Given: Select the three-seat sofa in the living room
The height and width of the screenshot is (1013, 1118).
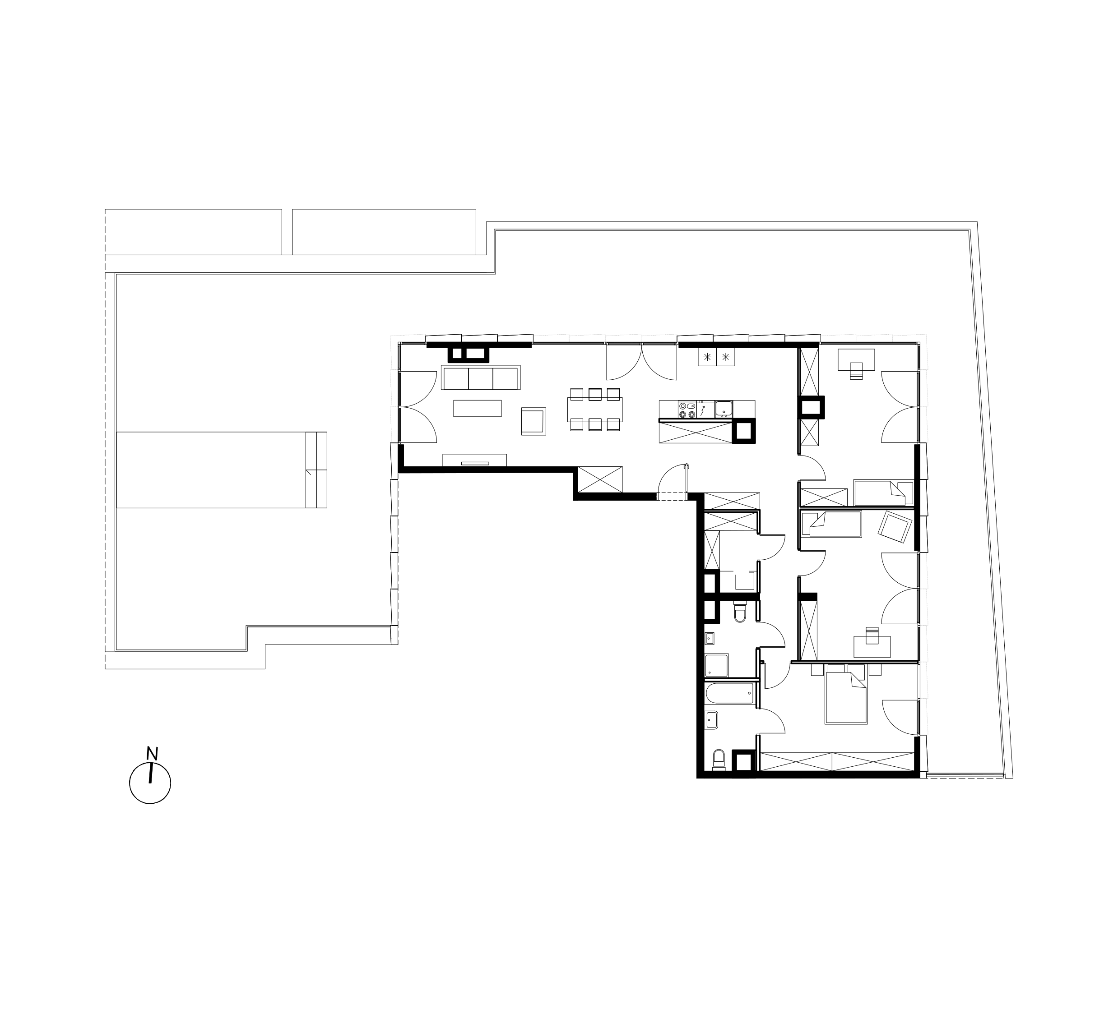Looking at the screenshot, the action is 481,378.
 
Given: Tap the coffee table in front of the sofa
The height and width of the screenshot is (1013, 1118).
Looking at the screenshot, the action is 478,409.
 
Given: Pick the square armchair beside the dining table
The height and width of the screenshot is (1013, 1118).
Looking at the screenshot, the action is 533,421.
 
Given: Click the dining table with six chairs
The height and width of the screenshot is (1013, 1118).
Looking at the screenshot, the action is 595,409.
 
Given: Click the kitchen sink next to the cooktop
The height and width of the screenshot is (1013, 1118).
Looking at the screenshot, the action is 724,409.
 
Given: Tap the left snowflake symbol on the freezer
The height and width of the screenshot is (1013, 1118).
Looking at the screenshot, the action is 707,357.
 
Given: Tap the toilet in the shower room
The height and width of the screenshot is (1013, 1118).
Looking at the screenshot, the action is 740,612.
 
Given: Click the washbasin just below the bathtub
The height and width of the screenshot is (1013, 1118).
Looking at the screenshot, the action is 711,720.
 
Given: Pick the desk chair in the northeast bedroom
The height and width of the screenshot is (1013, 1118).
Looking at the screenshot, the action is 857,371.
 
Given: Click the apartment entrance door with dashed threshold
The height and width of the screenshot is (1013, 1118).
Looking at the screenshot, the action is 673,482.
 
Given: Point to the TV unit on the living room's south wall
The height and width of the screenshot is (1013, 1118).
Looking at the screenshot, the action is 475,460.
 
